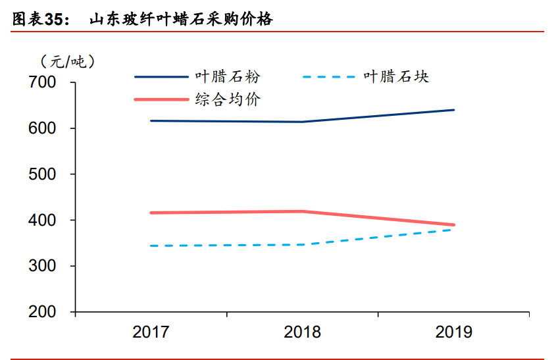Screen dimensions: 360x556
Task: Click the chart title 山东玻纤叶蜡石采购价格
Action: [x=181, y=20]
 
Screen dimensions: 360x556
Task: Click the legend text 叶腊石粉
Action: [x=228, y=77]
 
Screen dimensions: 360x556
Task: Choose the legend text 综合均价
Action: [x=228, y=100]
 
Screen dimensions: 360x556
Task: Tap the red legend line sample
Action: [x=161, y=100]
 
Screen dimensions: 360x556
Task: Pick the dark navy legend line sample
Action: [x=161, y=77]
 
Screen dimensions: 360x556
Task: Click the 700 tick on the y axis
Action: [x=43, y=83]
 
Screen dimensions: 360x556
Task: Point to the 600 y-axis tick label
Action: [x=43, y=129]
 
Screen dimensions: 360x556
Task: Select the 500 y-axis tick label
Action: [x=43, y=174]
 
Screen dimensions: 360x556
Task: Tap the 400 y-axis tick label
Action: [x=43, y=220]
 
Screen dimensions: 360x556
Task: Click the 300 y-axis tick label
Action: [x=43, y=267]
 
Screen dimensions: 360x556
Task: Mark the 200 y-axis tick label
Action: [x=43, y=312]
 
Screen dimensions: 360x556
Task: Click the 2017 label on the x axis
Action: [x=151, y=332]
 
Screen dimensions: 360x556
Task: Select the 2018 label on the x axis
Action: [x=302, y=332]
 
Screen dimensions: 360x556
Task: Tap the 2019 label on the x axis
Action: [x=453, y=332]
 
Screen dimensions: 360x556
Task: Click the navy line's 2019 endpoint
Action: [x=453, y=110]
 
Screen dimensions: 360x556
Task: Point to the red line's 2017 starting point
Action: [x=151, y=213]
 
